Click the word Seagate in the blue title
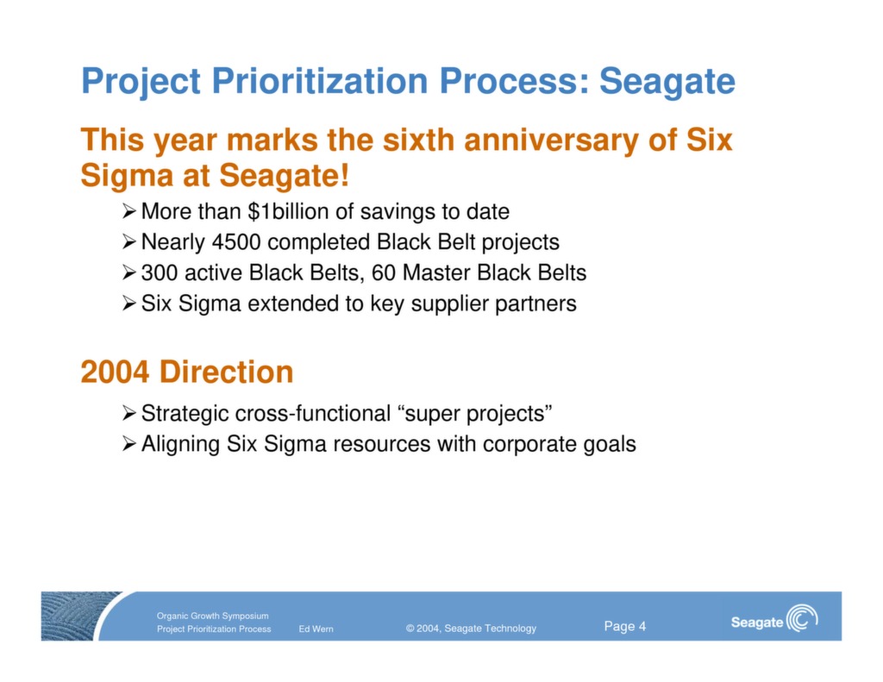coord(667,82)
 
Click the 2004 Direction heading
coord(186,372)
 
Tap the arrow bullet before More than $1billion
coord(128,211)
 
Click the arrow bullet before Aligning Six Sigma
coord(128,445)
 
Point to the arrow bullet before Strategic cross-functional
coord(128,414)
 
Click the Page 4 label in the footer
coord(624,627)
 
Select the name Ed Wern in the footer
coord(316,629)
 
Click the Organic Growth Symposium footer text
coord(212,616)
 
